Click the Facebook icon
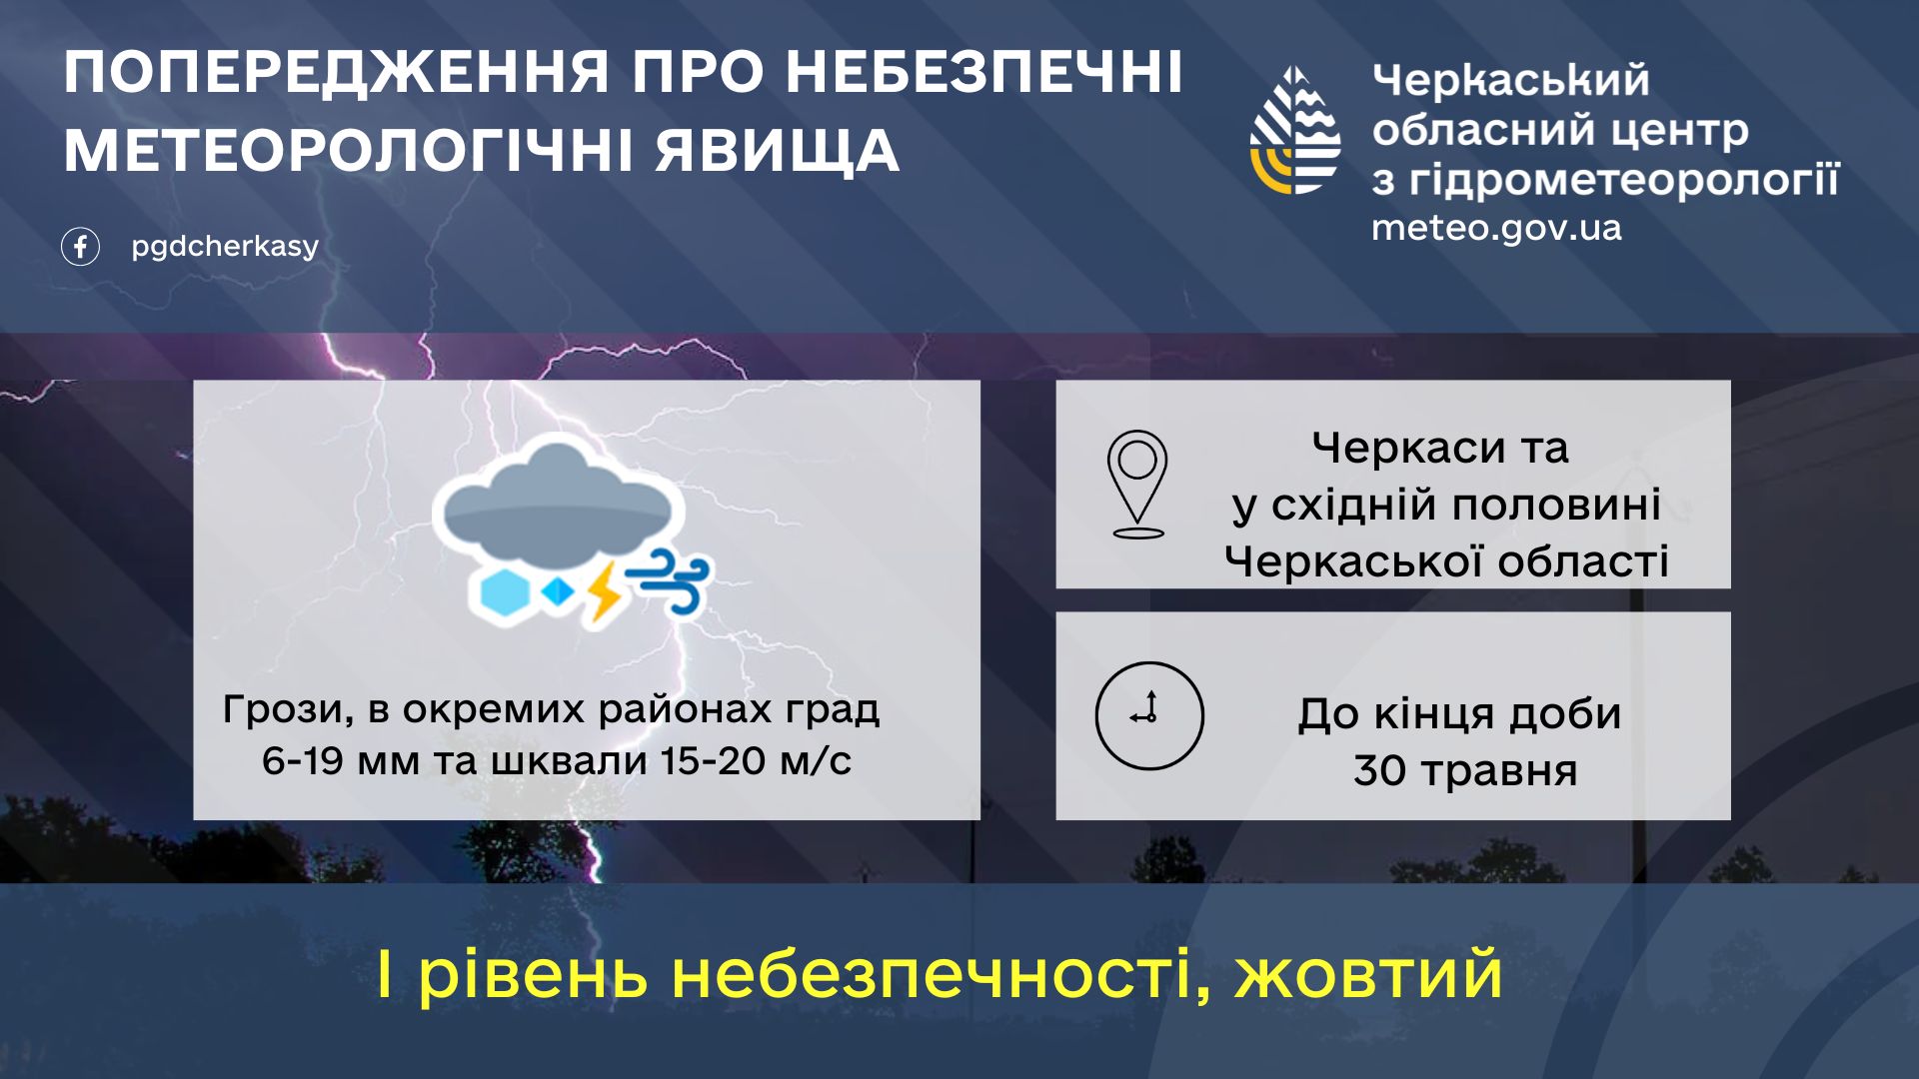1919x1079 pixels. (80, 247)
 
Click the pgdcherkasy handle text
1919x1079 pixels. (225, 247)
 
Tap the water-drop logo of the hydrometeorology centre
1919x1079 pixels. (1295, 131)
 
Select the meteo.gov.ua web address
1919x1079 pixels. (1496, 229)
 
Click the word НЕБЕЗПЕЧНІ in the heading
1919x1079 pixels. (984, 72)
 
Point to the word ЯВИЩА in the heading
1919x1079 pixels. (778, 152)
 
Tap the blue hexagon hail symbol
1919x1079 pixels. (504, 593)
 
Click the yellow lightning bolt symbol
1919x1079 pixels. (604, 591)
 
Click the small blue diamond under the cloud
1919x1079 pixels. (558, 591)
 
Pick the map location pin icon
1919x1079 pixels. (1137, 485)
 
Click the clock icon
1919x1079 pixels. (1149, 715)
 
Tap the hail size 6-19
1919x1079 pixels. (303, 761)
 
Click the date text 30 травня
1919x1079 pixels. (1465, 772)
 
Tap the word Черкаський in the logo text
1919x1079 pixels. (1510, 80)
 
